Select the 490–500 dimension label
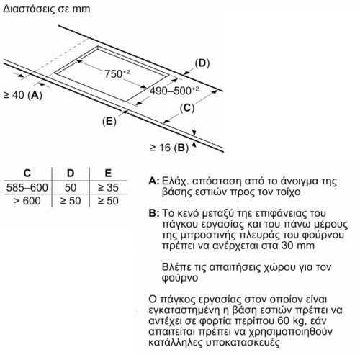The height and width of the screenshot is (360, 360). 174,91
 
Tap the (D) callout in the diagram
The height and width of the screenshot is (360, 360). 202,63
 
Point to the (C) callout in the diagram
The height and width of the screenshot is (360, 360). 187,108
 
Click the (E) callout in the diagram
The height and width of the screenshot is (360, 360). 109,121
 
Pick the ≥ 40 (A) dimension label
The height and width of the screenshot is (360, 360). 23,95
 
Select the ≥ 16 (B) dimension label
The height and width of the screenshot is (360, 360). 169,148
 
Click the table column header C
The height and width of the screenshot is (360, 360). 27,173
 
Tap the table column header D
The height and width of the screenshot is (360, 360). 71,173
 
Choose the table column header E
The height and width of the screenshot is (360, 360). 108,173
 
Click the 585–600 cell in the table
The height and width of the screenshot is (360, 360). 27,187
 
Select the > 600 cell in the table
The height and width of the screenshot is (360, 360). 27,201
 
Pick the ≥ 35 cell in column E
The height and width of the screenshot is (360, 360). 108,187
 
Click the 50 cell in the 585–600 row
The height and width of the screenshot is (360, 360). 71,187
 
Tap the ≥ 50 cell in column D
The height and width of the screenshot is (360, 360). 71,201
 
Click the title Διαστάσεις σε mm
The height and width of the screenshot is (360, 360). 47,9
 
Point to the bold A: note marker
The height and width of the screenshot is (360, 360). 154,181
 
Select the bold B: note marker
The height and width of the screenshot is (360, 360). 154,213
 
